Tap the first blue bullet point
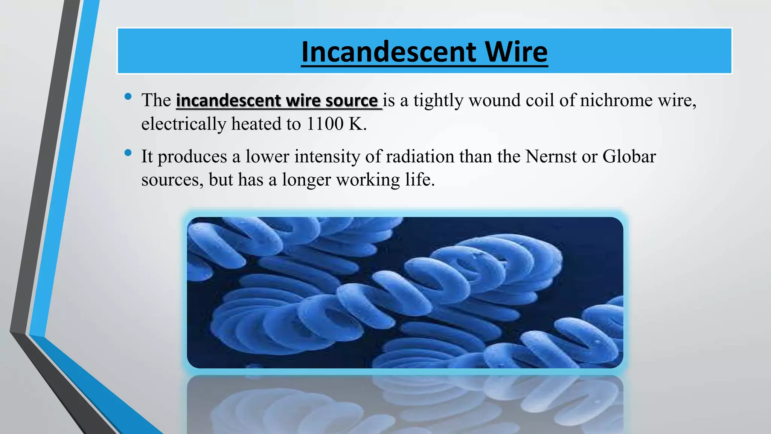[128, 97]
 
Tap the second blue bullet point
[128, 153]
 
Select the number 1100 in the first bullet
[325, 124]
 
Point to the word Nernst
[550, 156]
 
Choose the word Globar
[629, 156]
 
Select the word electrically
[184, 124]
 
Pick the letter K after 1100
[356, 124]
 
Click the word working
[368, 180]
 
